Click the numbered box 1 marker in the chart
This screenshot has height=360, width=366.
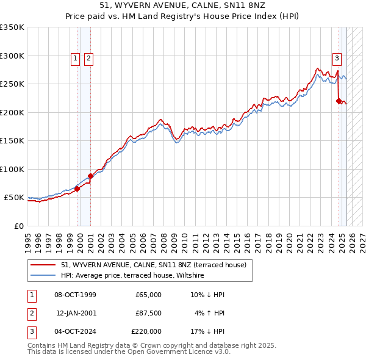coord(75,59)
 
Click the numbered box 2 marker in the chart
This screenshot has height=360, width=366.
coord(88,59)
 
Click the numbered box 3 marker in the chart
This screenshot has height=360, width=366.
coord(337,59)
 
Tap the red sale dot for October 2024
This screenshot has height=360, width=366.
coord(339,101)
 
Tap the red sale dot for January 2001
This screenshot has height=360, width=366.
coord(90,176)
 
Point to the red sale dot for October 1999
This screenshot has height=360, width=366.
coord(77,189)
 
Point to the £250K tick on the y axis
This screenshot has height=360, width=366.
coord(12,84)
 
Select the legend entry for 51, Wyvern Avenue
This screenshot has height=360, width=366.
coord(153,265)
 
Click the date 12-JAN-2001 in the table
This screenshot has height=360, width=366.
coord(76,313)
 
